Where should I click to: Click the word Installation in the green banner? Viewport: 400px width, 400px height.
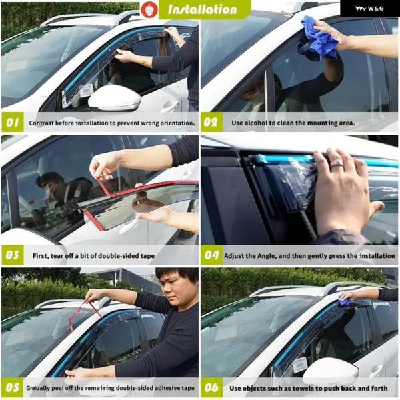202,10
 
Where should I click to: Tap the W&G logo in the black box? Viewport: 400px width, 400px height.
369,9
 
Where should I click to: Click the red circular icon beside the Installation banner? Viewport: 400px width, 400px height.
149,10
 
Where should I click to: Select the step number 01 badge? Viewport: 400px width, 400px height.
13,123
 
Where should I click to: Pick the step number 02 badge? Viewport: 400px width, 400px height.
211,123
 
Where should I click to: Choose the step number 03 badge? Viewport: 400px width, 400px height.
13,255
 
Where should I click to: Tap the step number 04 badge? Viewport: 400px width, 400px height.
212,255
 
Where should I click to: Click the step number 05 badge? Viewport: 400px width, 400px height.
13,388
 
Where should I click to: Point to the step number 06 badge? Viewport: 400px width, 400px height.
212,388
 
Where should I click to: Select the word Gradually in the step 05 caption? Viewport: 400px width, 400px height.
38,388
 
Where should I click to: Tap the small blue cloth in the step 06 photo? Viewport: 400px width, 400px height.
345,301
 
